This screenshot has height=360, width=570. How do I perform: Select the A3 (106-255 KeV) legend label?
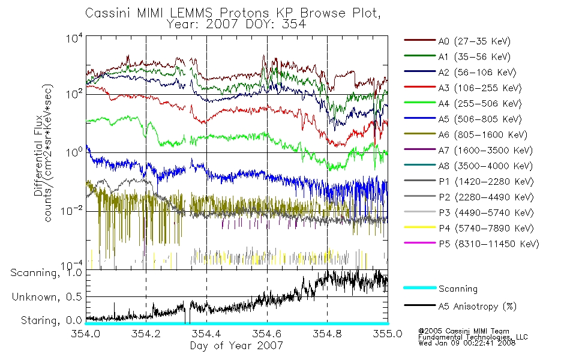click(480, 88)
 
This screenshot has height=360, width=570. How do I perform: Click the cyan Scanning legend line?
click(420, 287)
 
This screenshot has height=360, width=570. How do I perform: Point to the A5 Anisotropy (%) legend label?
click(478, 307)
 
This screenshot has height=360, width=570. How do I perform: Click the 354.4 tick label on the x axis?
click(206, 334)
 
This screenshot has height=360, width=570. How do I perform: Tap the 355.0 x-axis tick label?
click(388, 334)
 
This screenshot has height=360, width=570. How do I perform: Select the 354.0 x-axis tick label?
click(85, 334)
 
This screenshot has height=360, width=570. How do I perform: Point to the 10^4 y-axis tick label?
click(74, 38)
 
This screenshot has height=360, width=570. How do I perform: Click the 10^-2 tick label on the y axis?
click(71, 211)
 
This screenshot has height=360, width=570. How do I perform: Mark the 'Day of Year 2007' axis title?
click(236, 346)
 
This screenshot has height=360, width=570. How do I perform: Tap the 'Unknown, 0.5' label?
click(47, 297)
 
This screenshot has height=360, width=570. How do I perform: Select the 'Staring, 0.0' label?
click(51, 320)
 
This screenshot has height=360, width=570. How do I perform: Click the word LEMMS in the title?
click(190, 13)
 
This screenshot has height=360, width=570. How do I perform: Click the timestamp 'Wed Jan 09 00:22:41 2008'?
click(467, 343)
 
